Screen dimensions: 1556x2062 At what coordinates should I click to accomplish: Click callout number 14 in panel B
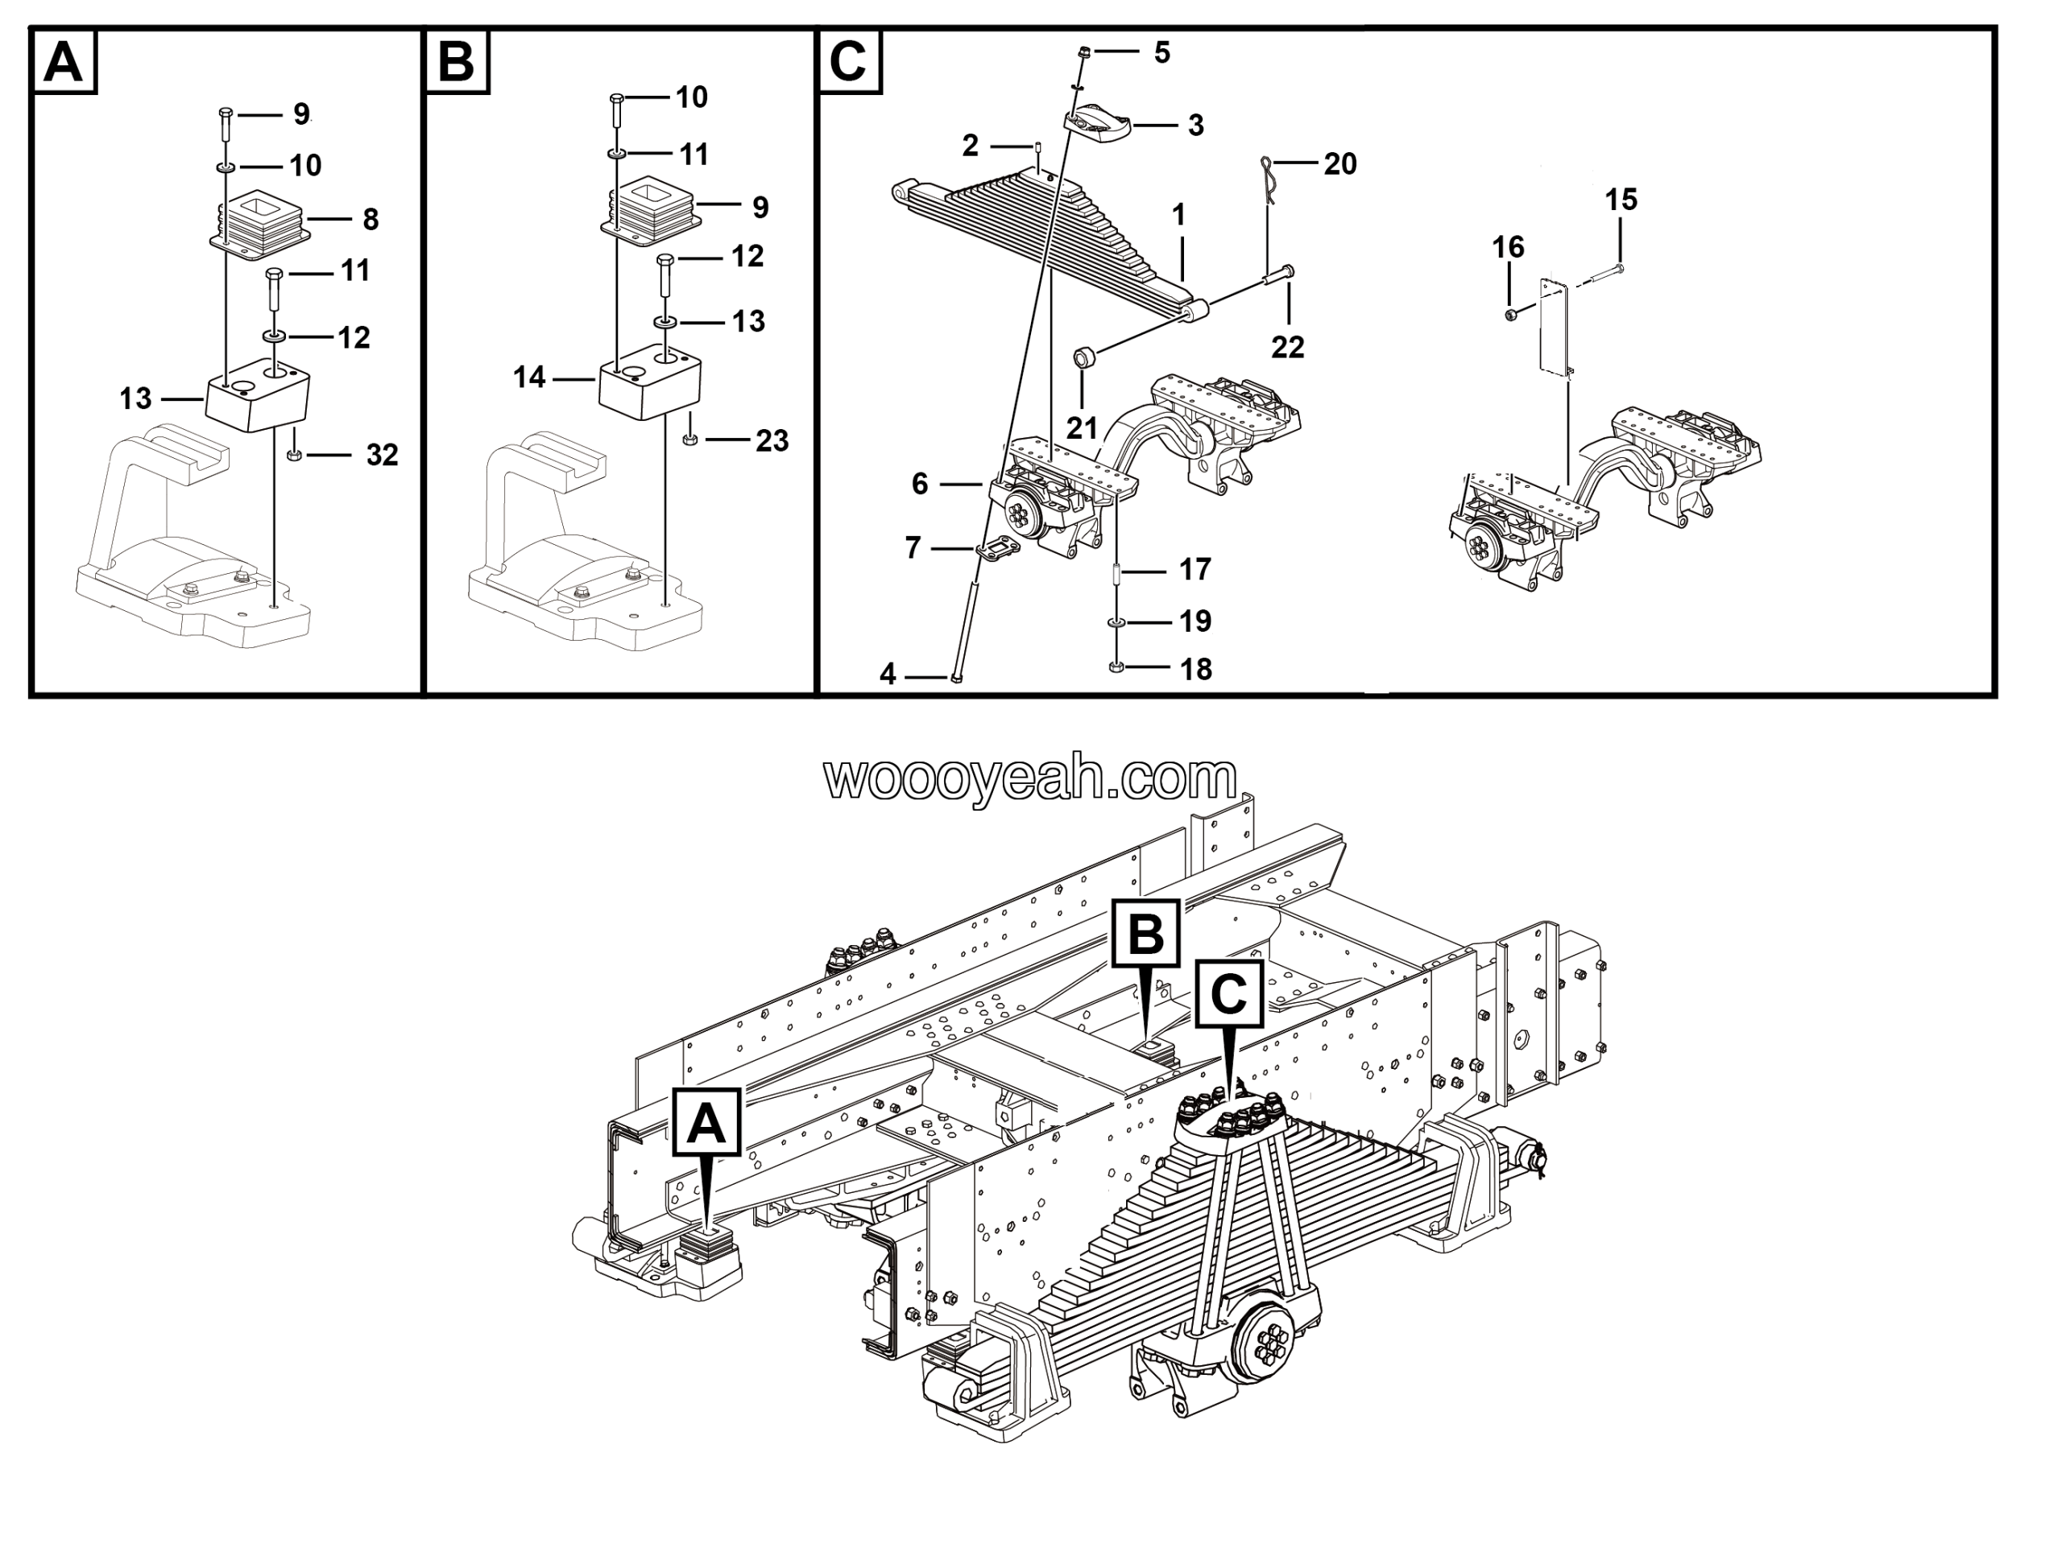click(529, 378)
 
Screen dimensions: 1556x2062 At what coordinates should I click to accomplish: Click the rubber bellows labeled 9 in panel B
click(646, 207)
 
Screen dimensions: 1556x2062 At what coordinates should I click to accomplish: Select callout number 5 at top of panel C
click(1161, 52)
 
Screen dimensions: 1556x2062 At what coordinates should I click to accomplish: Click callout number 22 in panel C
click(1287, 347)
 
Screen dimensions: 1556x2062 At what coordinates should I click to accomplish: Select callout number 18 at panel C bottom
click(1196, 669)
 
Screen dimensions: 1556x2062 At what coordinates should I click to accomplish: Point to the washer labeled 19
click(1116, 621)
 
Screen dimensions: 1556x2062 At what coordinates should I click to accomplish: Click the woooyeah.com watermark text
click(1031, 778)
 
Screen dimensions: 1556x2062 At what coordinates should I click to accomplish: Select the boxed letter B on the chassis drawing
click(1145, 935)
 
